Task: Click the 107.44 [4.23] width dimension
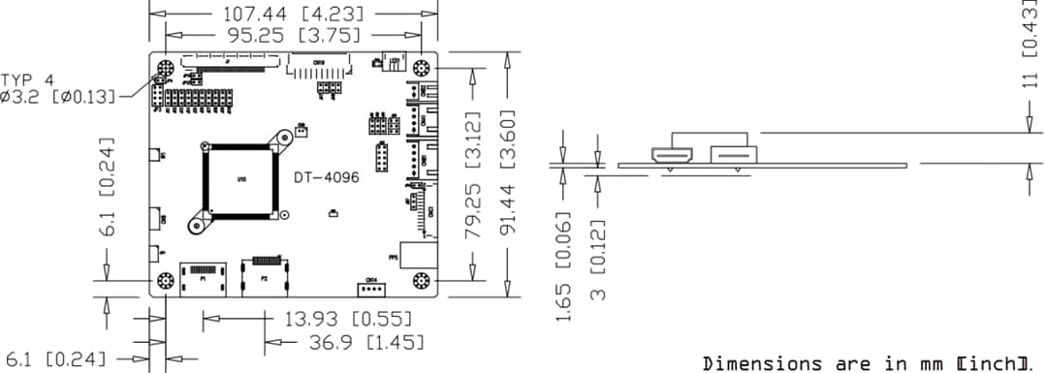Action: point(280,15)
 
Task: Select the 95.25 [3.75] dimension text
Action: point(280,35)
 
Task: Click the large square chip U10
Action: point(240,179)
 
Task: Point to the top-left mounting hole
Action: point(165,70)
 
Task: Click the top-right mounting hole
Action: point(422,69)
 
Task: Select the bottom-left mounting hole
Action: point(165,281)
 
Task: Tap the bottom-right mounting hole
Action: point(422,281)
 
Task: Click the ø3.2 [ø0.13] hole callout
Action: point(58,96)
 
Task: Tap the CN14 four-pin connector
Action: point(369,288)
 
